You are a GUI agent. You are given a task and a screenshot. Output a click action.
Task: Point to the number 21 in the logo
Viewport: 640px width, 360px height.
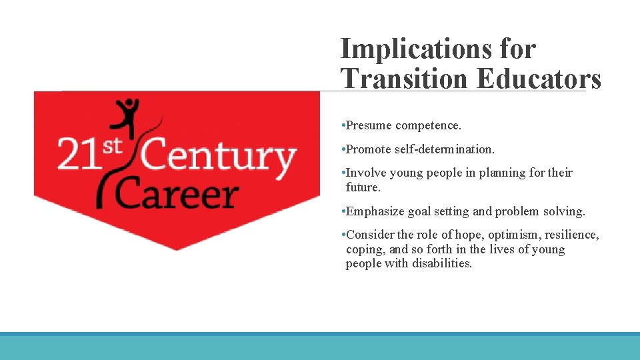77,155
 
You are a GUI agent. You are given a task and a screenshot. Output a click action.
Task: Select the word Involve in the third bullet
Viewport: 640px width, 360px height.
367,173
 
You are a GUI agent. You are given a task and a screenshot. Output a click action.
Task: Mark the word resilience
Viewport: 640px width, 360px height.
573,235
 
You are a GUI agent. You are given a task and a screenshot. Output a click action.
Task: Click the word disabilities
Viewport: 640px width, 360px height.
441,263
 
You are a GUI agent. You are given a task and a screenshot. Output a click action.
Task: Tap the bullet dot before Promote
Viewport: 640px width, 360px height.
342,149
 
